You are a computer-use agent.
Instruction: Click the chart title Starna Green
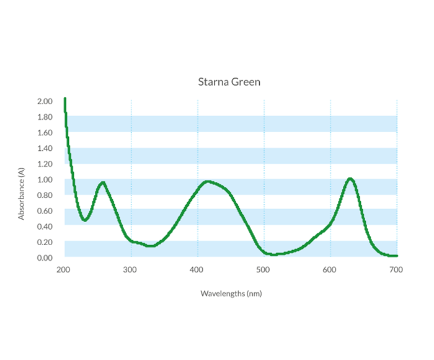click(229, 82)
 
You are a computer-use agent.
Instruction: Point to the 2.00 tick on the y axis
click(45, 101)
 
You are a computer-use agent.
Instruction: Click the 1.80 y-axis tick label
click(45, 117)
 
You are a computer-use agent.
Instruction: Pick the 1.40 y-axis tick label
click(45, 148)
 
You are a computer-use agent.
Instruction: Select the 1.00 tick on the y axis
click(45, 179)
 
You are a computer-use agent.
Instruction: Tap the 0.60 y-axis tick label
click(45, 211)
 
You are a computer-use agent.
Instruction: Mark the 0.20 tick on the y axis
click(45, 242)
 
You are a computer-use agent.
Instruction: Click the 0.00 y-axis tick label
click(45, 258)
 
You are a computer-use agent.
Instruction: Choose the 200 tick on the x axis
click(63, 270)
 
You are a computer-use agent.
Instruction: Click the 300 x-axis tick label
click(130, 270)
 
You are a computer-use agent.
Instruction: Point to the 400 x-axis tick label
click(197, 270)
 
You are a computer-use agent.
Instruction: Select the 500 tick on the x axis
click(263, 270)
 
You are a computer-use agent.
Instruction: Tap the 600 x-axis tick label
click(329, 270)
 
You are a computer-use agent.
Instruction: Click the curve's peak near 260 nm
click(102, 182)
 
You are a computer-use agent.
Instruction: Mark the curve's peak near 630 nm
click(350, 179)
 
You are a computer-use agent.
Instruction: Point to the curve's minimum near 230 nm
click(84, 220)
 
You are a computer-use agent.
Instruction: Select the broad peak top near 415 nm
click(208, 181)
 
